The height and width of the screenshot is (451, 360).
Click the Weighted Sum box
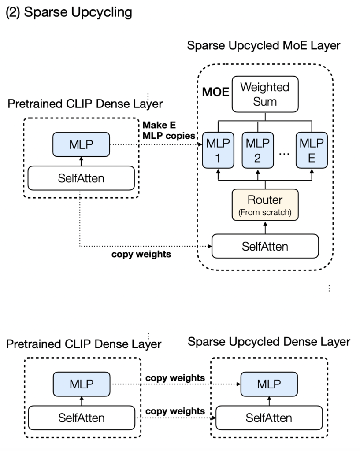tap(265, 94)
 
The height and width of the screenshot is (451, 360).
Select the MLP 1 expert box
tap(217, 151)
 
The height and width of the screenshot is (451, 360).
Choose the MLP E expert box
tap(311, 151)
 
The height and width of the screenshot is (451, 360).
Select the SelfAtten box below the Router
tap(265, 246)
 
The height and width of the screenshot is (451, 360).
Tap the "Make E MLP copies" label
tap(168, 130)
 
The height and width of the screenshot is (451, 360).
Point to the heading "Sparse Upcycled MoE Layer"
tap(264, 46)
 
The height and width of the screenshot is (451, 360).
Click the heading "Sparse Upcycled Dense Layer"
tap(269, 342)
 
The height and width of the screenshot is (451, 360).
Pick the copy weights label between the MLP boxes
tap(175, 378)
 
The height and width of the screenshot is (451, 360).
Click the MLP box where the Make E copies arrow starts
tap(81, 144)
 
